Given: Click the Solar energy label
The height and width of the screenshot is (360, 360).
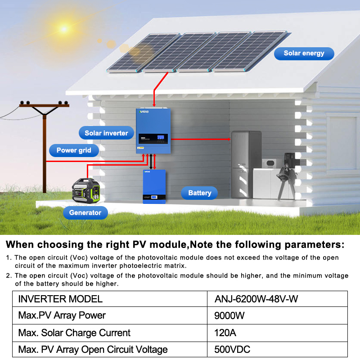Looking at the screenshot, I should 304,54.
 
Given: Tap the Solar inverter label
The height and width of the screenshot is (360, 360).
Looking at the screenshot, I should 106,133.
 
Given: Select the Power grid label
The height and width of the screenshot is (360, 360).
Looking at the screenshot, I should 74,150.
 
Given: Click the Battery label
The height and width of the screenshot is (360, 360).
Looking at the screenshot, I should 199,193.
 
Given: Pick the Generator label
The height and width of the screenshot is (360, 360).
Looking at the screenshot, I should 85,212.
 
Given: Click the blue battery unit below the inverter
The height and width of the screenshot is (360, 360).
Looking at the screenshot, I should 154,186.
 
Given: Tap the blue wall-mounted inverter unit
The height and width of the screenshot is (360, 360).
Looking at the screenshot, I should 153,131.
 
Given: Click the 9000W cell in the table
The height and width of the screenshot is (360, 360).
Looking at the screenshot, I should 229,315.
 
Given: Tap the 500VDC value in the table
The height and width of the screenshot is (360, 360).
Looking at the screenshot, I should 232,350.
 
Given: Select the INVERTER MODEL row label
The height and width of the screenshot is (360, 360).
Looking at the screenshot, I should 60,299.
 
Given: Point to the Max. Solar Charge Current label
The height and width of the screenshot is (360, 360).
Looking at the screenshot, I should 74,333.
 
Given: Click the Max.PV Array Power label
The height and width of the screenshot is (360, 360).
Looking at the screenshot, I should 62,315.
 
